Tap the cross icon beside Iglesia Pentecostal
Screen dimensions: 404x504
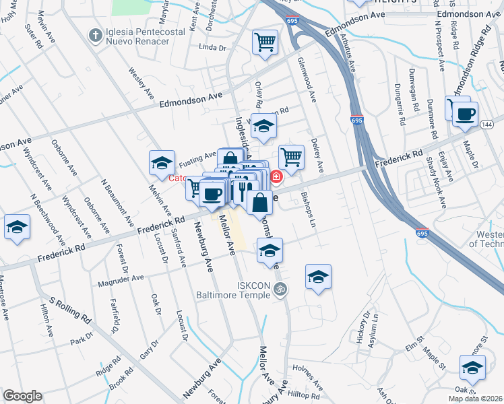click(96, 34)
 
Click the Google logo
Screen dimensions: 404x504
click(23, 397)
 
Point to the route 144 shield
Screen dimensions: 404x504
click(488, 123)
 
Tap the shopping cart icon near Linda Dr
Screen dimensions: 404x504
click(265, 42)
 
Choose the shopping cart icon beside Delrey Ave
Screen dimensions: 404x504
click(291, 157)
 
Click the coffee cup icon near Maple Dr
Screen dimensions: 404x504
click(464, 113)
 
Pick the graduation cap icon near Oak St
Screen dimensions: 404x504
click(472, 368)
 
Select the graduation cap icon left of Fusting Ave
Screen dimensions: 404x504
click(162, 162)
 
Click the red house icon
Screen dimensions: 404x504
click(276, 176)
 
